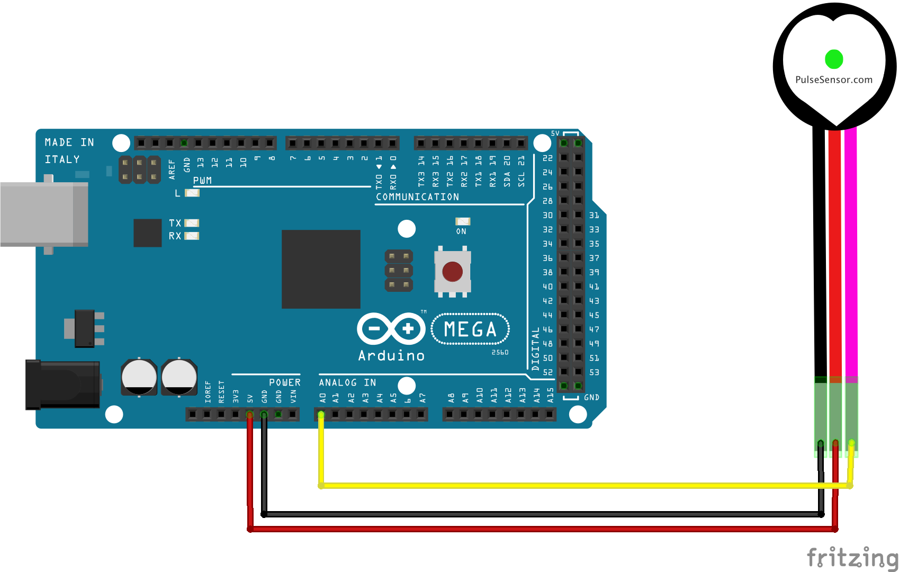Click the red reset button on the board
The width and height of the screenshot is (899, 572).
click(452, 272)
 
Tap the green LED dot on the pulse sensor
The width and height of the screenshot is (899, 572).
click(834, 59)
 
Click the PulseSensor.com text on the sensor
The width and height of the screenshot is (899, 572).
click(834, 80)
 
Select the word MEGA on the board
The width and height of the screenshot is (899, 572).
click(470, 329)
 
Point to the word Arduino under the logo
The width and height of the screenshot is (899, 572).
click(391, 355)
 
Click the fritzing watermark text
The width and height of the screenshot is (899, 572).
click(852, 558)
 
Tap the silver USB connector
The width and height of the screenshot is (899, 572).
click(43, 214)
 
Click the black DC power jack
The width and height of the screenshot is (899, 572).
click(62, 385)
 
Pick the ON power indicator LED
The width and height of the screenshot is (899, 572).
click(462, 221)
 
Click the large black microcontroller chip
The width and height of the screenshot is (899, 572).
click(321, 269)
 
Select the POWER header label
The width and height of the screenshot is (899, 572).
click(284, 382)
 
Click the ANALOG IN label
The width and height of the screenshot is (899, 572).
click(347, 382)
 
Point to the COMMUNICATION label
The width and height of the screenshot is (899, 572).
click(417, 197)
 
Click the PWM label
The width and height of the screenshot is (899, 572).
click(202, 181)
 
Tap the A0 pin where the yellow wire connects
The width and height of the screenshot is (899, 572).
click(321, 414)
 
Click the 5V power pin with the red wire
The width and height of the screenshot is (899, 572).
click(250, 414)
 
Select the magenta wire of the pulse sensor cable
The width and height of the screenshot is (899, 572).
click(851, 254)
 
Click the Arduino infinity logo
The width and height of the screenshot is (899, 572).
click(391, 329)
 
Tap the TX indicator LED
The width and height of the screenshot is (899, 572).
click(192, 223)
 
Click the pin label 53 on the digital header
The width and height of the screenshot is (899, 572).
click(594, 372)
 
